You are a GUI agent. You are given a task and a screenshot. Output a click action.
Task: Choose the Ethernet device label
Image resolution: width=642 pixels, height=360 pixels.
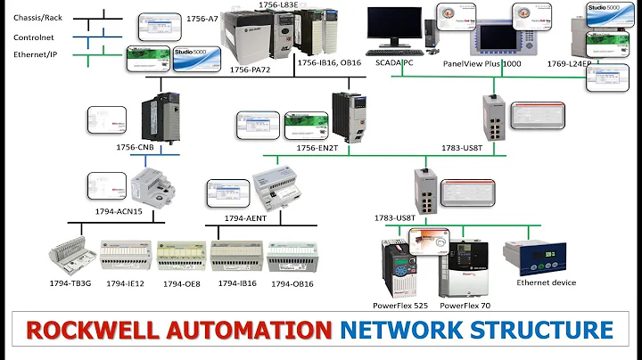[x=546, y=282]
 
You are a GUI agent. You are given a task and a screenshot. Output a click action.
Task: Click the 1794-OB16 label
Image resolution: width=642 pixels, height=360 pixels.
[x=292, y=284]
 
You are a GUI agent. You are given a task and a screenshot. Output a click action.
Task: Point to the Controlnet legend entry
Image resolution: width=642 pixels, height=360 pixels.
[x=34, y=37]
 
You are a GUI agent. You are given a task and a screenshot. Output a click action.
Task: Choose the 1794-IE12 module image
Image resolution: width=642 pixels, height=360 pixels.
[x=127, y=257]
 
